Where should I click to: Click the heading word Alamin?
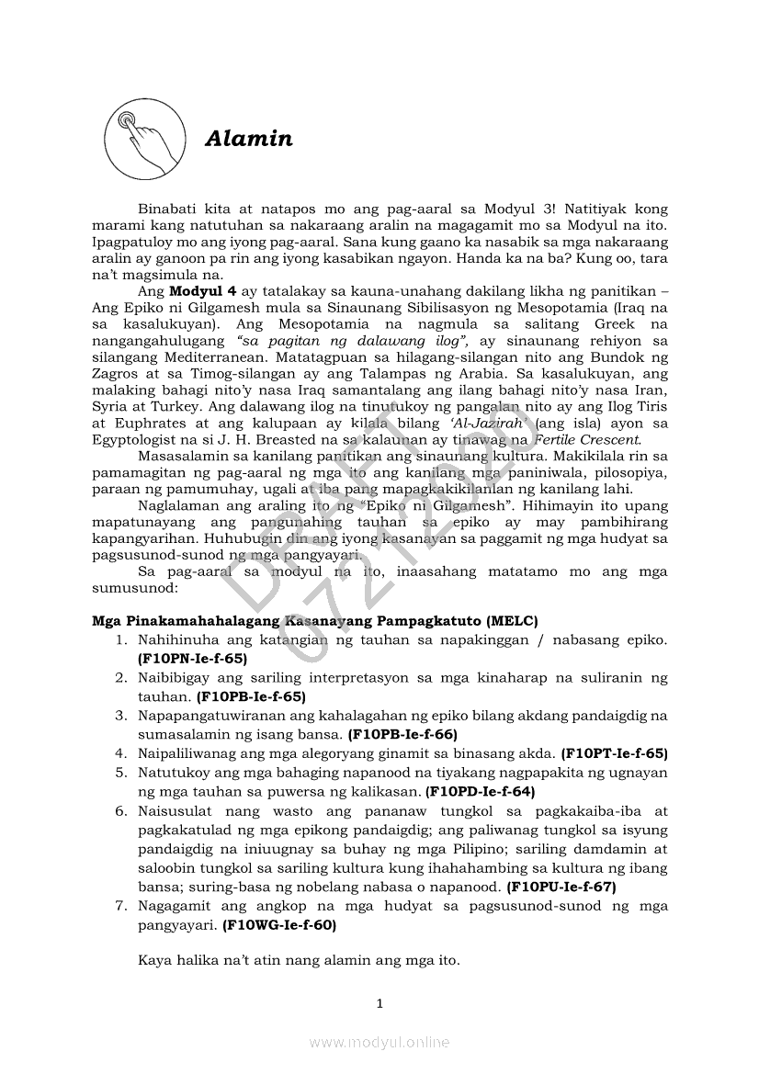point(249,140)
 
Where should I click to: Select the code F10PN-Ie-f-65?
point(192,658)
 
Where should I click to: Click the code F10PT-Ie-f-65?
point(614,752)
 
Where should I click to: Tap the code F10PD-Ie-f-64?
point(481,790)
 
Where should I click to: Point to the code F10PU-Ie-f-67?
point(561,887)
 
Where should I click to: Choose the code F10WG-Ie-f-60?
point(279,925)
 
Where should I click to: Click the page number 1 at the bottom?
point(379,1002)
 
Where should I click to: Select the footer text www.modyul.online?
point(379,1042)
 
